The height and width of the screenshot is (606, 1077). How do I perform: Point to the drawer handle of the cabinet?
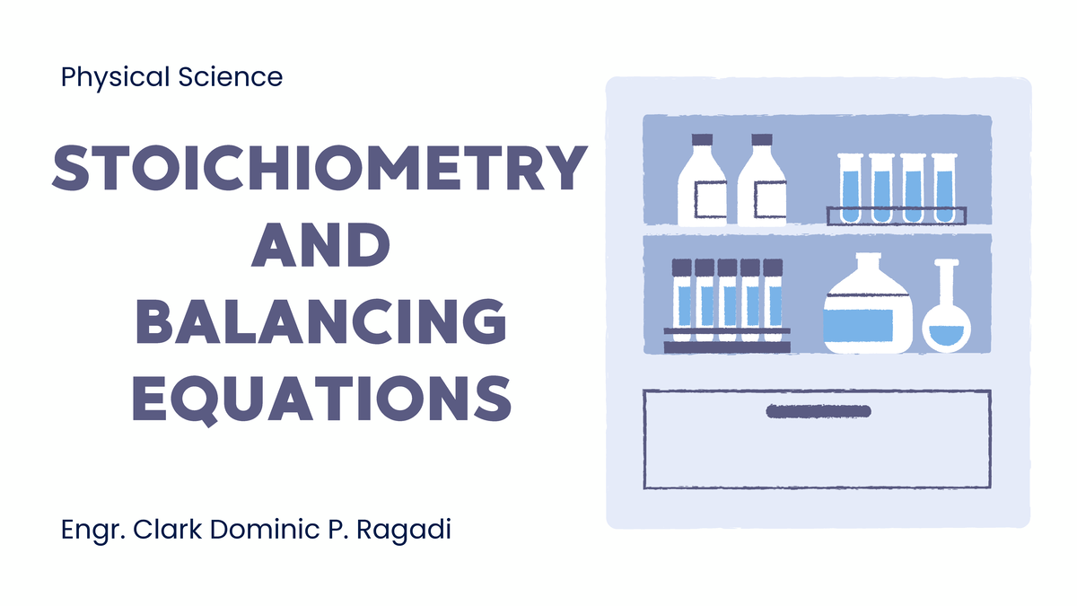[x=818, y=411]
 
